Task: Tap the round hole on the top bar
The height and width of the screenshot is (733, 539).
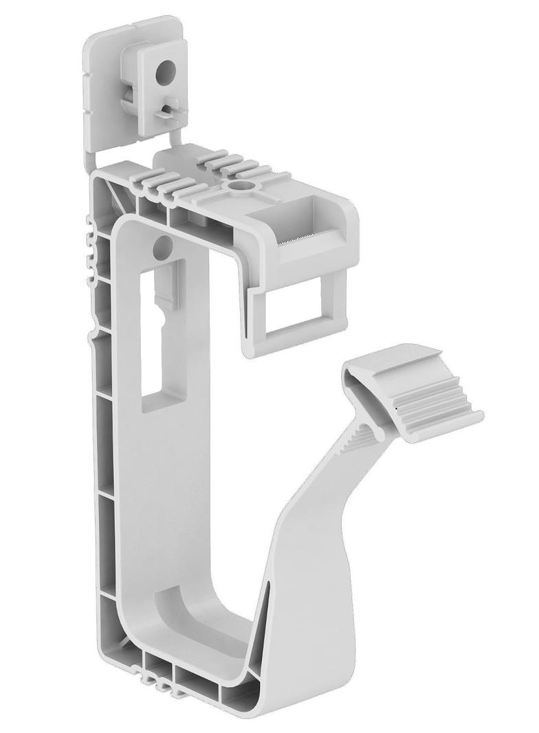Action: click(x=242, y=186)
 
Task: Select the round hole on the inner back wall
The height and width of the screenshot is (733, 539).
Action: click(x=159, y=246)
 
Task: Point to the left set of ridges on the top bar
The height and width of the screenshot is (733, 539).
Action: click(x=165, y=182)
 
